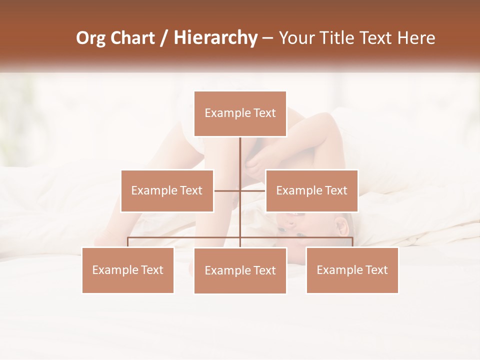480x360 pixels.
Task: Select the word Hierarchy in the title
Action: [215, 38]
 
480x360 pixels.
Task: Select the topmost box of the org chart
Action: [240, 113]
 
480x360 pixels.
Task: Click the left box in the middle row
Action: [167, 190]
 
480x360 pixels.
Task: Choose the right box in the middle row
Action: [311, 190]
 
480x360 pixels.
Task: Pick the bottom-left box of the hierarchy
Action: [128, 270]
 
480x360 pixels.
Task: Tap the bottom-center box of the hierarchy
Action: [240, 270]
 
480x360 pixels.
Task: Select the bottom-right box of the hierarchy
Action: [352, 270]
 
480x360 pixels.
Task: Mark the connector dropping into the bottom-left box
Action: [128, 242]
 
